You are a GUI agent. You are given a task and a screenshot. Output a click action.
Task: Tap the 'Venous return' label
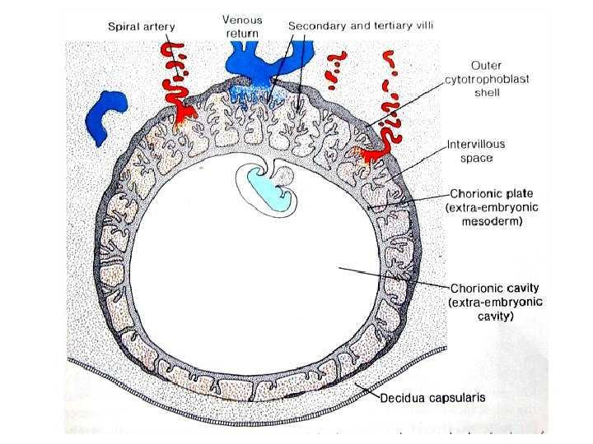[242, 26]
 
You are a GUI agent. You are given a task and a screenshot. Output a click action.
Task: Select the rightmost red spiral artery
[389, 99]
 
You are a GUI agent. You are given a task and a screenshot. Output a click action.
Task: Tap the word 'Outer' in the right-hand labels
[487, 65]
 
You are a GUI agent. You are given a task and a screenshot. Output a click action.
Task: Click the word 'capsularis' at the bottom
[458, 397]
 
